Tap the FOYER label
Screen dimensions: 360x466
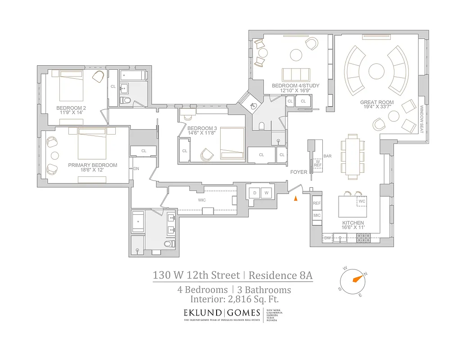coord(299,172)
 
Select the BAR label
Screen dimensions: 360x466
coord(327,156)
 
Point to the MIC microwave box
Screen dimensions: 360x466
coord(317,216)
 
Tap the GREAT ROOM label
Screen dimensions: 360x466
coord(377,103)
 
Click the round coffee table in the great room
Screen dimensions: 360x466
coord(376,71)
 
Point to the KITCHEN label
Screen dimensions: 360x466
coord(353,223)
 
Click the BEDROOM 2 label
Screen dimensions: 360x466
coord(71,108)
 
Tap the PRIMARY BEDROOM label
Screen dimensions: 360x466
coord(93,165)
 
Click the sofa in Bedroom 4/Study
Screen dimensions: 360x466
coord(296,75)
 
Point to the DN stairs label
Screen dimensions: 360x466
coord(136,169)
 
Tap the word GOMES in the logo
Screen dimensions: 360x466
coord(244,313)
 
